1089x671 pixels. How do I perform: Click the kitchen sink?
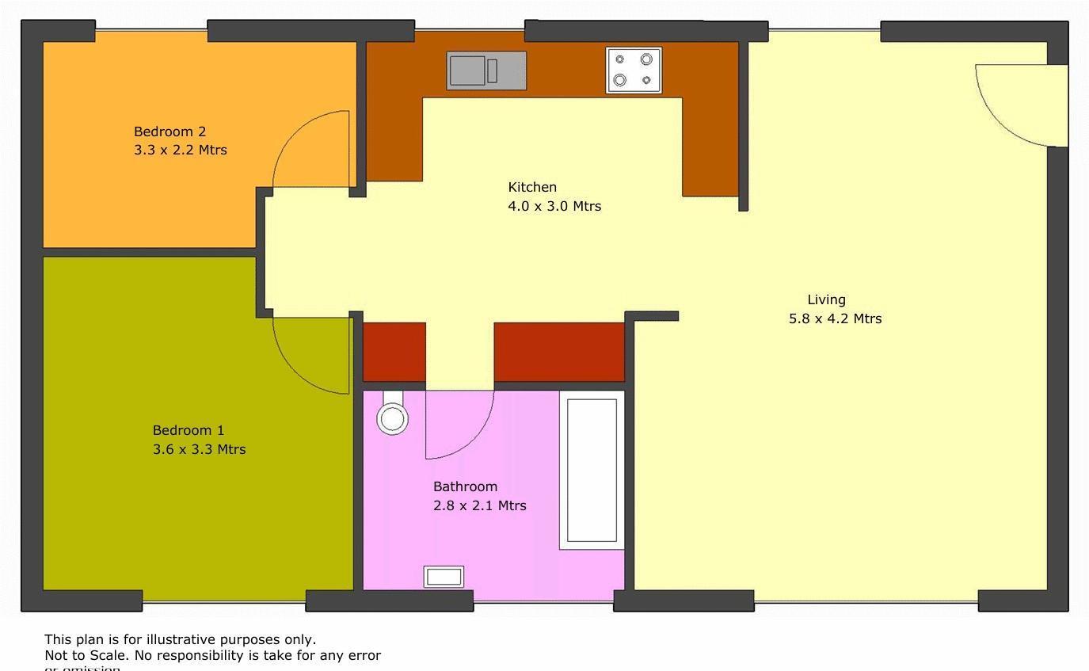485,71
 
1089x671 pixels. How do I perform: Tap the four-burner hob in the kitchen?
634,70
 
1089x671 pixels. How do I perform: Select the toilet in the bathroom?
392,415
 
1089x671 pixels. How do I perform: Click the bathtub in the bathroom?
592,470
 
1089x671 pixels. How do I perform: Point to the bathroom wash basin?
444,577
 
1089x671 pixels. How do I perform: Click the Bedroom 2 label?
169,132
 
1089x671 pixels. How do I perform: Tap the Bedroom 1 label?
188,430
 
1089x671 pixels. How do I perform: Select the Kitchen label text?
532,187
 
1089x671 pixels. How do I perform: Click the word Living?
826,299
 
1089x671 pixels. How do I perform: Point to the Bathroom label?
465,486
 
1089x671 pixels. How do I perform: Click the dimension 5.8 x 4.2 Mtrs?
835,318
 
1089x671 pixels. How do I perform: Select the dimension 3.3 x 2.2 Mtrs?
181,150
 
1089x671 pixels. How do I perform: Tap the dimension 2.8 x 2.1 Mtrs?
479,505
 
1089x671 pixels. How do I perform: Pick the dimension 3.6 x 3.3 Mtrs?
199,449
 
